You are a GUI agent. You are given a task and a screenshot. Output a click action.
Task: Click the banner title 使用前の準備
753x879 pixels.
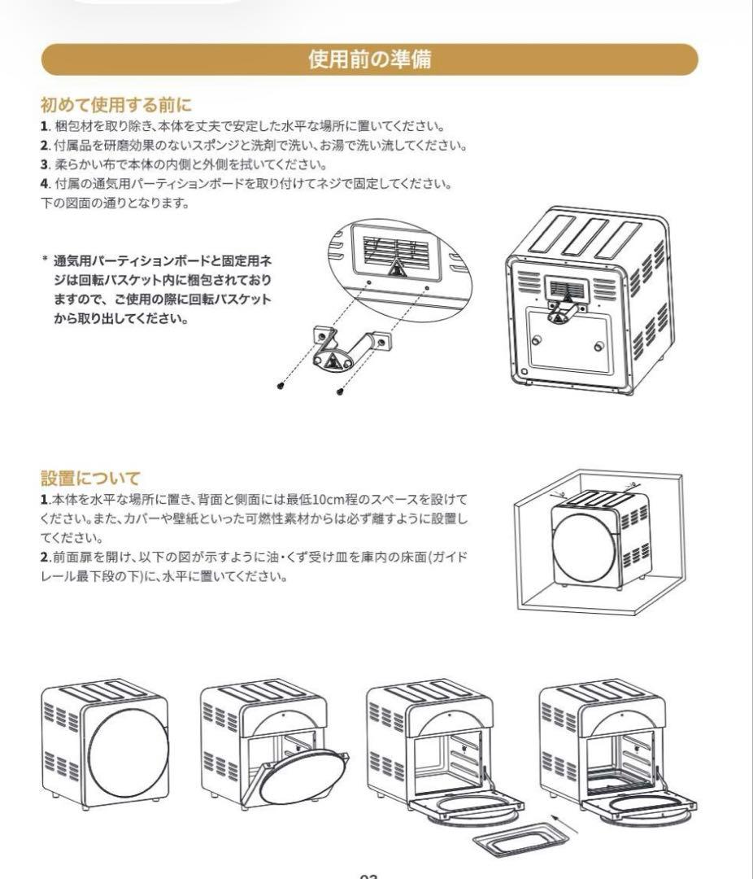click(x=369, y=59)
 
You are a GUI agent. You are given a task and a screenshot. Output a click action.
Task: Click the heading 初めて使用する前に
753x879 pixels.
click(x=115, y=105)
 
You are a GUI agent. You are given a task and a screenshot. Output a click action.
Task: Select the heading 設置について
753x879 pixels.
click(x=89, y=478)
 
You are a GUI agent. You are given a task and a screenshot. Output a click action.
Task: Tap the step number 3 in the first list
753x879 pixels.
click(x=45, y=165)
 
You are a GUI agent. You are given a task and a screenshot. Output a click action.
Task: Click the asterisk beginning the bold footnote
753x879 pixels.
click(x=45, y=261)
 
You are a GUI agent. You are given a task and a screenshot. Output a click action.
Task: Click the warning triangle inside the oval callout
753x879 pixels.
click(x=395, y=269)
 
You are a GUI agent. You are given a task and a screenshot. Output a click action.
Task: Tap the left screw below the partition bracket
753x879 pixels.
click(x=281, y=383)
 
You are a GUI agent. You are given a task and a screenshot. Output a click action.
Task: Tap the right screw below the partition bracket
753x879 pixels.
click(x=339, y=391)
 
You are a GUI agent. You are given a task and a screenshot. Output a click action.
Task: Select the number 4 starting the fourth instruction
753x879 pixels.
click(x=45, y=184)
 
